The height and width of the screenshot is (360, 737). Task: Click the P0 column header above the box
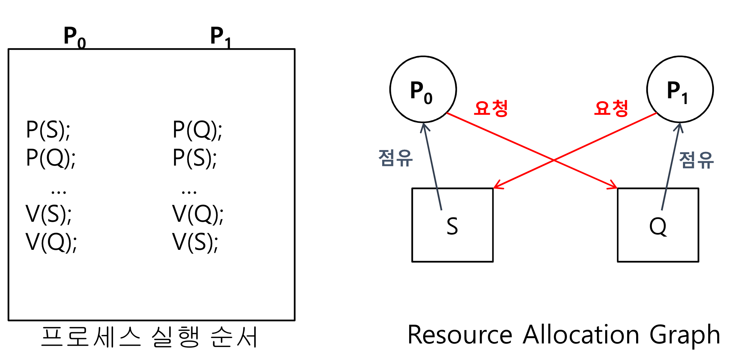click(75, 37)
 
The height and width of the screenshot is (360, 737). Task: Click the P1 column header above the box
click(220, 37)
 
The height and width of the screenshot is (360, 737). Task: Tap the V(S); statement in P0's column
click(48, 214)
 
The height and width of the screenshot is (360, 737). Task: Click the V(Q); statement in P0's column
click(51, 242)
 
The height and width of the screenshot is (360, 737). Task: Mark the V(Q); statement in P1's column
click(197, 214)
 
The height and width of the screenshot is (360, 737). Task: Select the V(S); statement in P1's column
click(195, 242)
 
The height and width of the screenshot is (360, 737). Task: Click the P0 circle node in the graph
click(423, 89)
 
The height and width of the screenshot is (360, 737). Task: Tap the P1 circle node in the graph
click(680, 89)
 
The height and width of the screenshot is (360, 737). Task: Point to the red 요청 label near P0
click(491, 108)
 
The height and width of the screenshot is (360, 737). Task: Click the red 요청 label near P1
click(611, 108)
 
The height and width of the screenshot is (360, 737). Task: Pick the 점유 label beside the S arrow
click(396, 158)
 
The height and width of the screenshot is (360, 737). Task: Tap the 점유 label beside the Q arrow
click(696, 160)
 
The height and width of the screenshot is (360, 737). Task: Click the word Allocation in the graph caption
click(581, 335)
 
